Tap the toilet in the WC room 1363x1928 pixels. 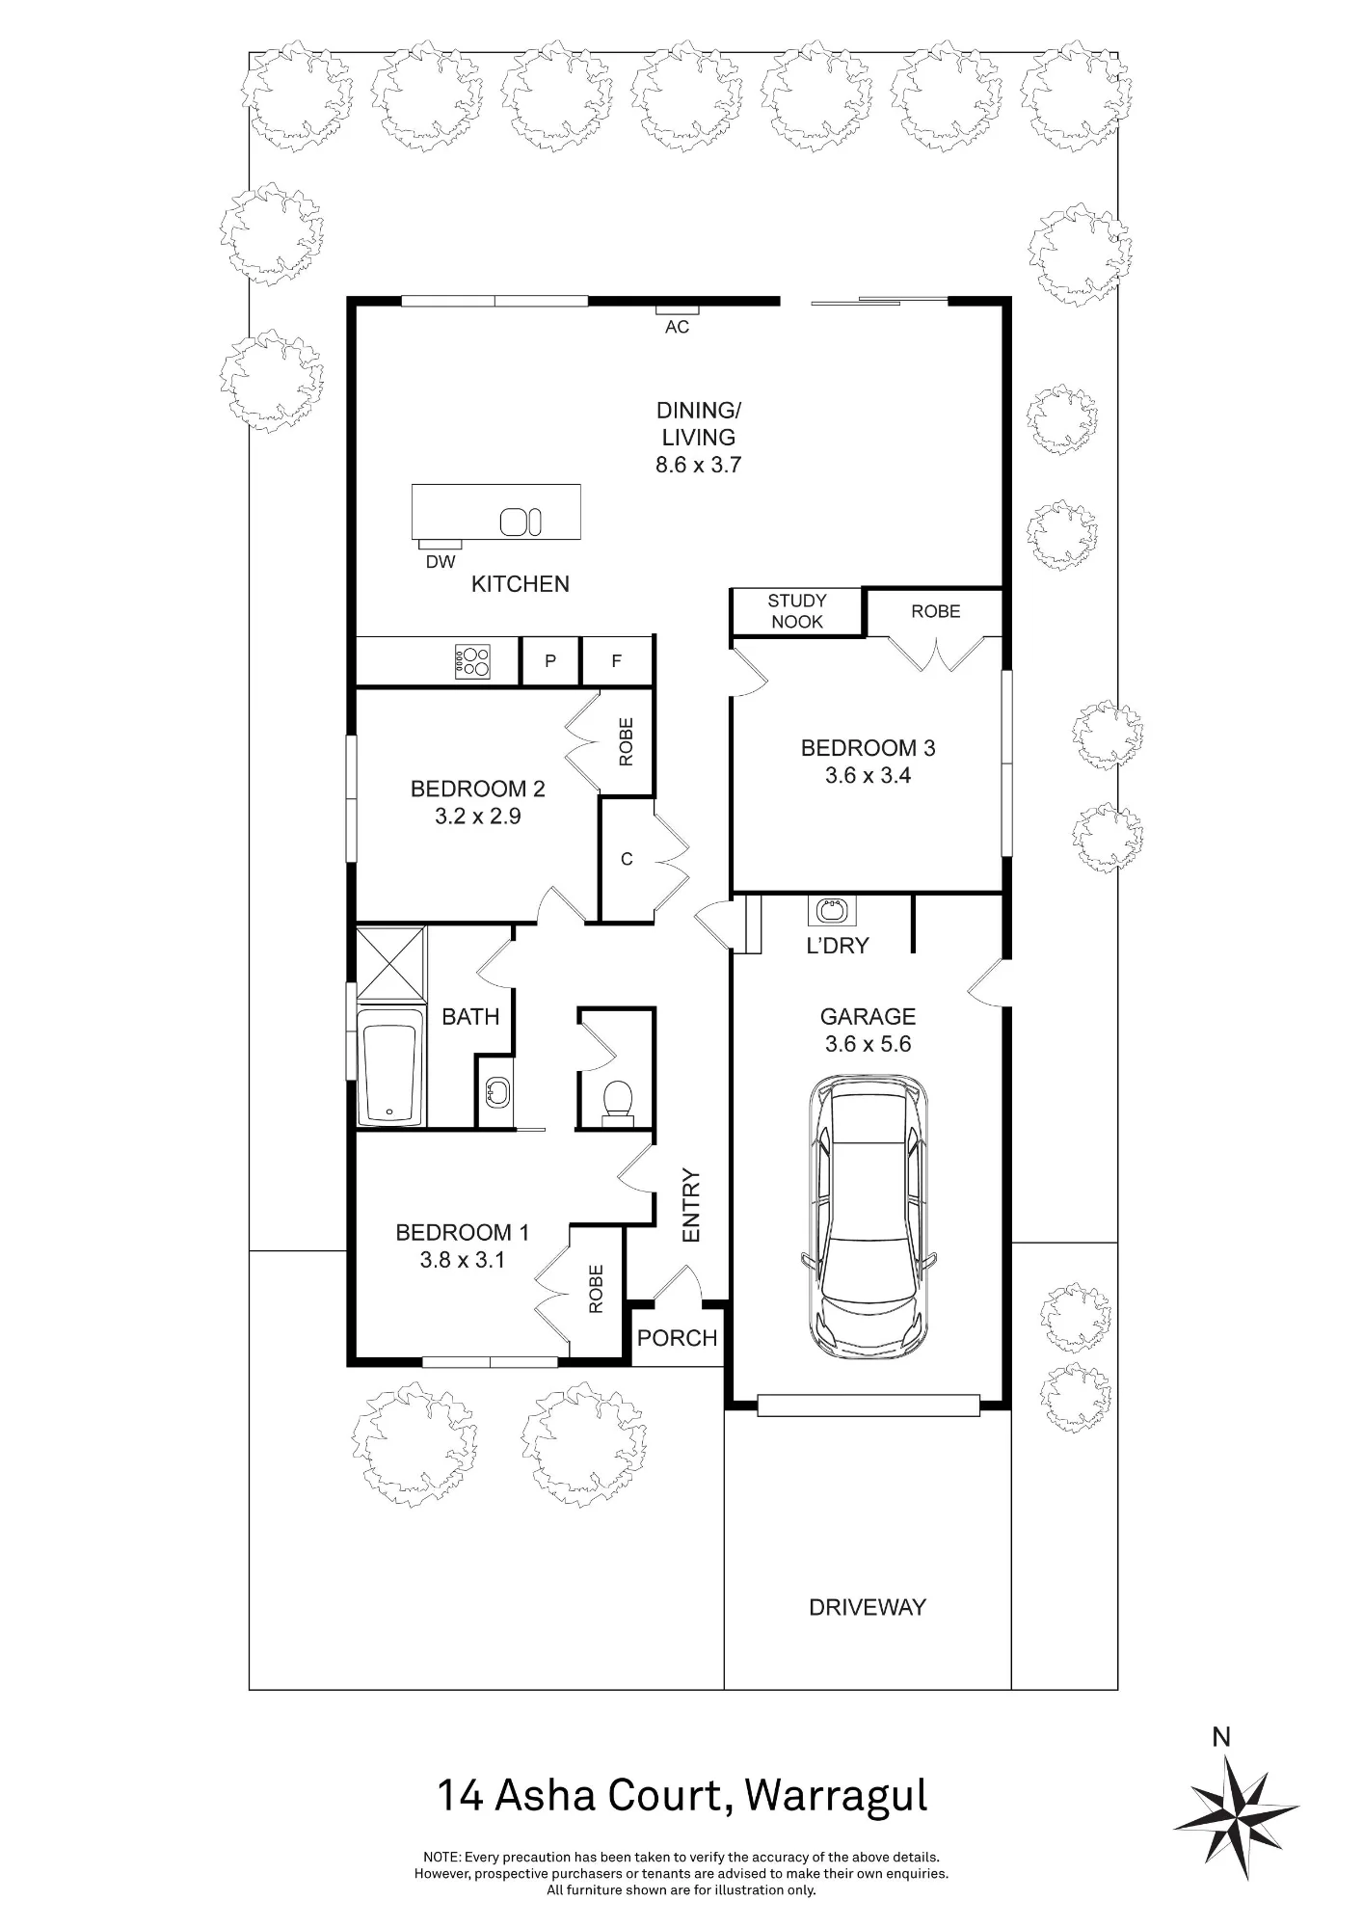click(x=617, y=1103)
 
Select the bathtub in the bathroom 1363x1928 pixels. click(x=390, y=1065)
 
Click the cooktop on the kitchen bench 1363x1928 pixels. click(x=472, y=661)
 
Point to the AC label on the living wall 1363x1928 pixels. click(x=678, y=327)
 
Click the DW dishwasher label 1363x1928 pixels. click(x=441, y=561)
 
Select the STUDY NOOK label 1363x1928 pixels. click(x=797, y=611)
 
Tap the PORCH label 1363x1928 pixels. click(x=678, y=1338)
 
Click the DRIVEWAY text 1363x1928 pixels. click(x=868, y=1607)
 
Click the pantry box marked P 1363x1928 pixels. click(x=550, y=661)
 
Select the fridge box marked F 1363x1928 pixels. click(x=617, y=661)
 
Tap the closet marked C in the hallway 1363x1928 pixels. click(x=627, y=859)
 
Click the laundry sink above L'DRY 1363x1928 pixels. click(x=832, y=910)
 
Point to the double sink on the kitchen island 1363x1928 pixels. click(x=521, y=522)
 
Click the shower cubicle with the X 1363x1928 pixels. click(x=390, y=964)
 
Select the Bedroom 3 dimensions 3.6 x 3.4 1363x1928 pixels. click(x=868, y=775)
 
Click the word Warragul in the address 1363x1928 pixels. click(x=837, y=1796)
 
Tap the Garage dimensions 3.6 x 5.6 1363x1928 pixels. click(x=868, y=1044)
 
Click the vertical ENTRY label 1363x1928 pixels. click(x=691, y=1205)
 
